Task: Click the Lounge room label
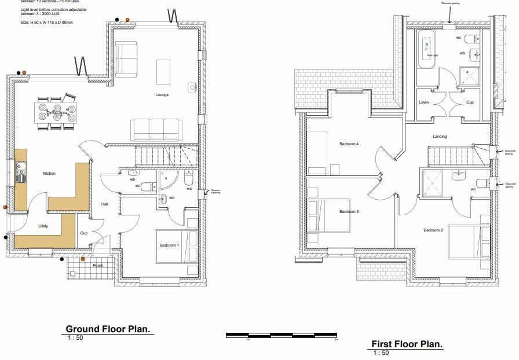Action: [x=162, y=95]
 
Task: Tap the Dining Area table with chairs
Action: [x=56, y=112]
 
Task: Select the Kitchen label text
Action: [x=49, y=174]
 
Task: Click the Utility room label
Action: [x=43, y=226]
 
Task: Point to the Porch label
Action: [x=98, y=266]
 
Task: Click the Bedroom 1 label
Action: [x=170, y=246]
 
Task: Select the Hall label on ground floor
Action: [x=105, y=204]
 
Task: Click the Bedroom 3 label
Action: [x=349, y=211]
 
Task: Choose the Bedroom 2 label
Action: [x=433, y=230]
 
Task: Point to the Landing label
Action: [x=440, y=137]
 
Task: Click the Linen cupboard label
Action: [x=424, y=102]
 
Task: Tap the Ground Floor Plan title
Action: [x=108, y=329]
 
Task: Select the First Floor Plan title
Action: [x=407, y=344]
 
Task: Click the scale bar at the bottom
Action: [x=281, y=335]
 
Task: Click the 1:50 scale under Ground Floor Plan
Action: [x=75, y=337]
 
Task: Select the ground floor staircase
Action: [x=166, y=155]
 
